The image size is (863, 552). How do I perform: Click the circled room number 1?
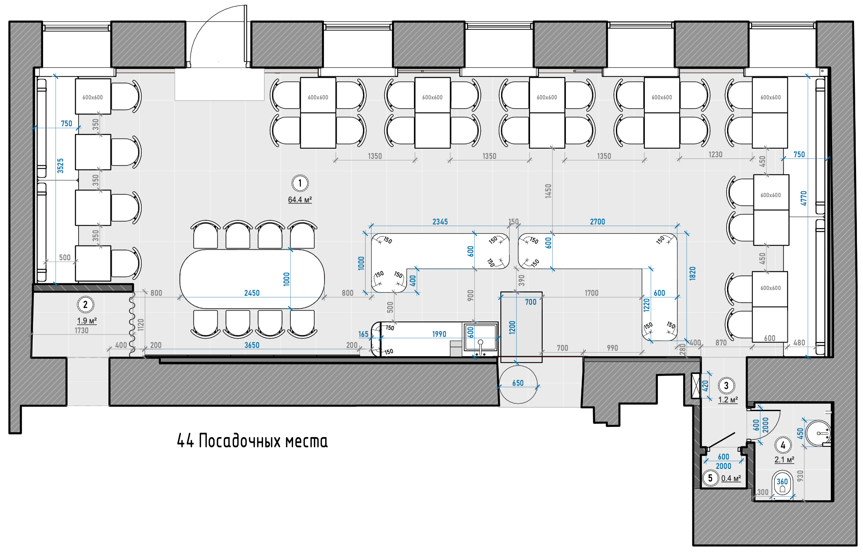click(x=300, y=183)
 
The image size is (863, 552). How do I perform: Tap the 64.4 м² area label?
click(x=300, y=200)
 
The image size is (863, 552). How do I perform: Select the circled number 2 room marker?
click(x=85, y=304)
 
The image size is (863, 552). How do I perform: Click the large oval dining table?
click(x=252, y=279)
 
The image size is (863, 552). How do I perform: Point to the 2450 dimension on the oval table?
click(x=252, y=293)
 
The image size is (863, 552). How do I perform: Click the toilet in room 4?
click(x=782, y=484)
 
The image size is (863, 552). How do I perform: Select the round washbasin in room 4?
click(x=818, y=433)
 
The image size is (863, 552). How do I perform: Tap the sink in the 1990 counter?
click(x=481, y=337)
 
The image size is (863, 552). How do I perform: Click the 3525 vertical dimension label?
click(x=61, y=166)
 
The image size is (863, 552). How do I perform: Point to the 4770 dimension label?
click(x=804, y=198)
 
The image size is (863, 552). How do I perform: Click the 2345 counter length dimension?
click(x=440, y=222)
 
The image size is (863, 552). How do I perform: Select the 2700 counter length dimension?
click(x=598, y=222)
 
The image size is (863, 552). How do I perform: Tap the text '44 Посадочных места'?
click(x=252, y=441)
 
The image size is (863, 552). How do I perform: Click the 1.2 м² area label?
click(x=728, y=400)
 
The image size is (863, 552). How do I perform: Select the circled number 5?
click(x=710, y=478)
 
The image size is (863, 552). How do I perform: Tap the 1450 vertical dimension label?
click(x=548, y=191)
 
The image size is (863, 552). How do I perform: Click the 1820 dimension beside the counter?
click(x=692, y=273)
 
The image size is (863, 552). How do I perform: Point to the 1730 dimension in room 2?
click(x=81, y=330)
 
